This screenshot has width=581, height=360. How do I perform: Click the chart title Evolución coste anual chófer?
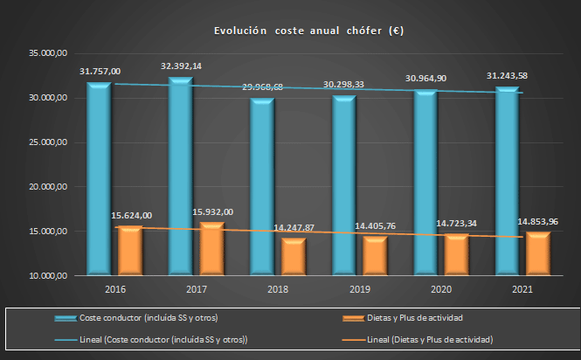308,31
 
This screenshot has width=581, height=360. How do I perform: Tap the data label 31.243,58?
507,76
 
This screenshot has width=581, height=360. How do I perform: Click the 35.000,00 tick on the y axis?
47,54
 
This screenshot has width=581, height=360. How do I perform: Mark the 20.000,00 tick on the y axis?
47,187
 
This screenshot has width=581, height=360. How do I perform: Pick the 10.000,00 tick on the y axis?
47,276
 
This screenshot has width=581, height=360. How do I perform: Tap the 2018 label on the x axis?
277,288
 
